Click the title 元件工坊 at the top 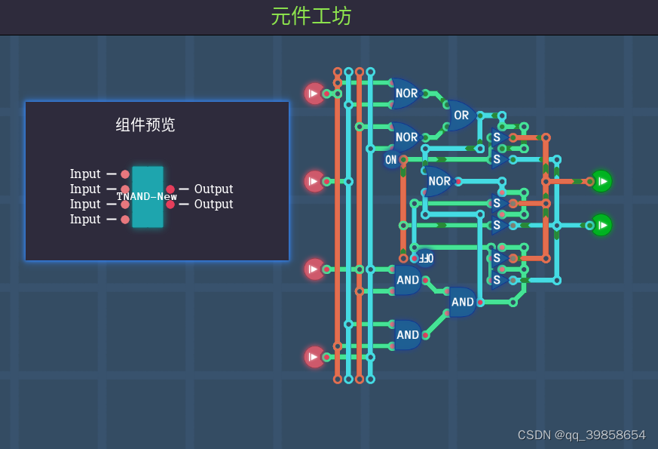coord(311,16)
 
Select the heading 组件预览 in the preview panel coord(145,125)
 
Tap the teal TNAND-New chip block coord(147,196)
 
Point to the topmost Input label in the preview coord(85,174)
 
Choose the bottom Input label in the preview coord(85,219)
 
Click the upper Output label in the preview coord(213,189)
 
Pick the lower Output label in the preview coord(213,204)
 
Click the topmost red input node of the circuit coord(314,94)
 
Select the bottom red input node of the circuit coord(314,357)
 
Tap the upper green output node coord(601,181)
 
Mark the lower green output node coord(601,225)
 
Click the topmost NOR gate coord(406,94)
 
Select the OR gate coord(461,115)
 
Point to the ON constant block coord(390,159)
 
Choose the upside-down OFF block coord(425,258)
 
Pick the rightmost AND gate coord(462,302)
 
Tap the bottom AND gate coord(407,335)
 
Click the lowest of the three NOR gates coord(439,181)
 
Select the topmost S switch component coord(497,137)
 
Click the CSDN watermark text coord(581,435)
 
